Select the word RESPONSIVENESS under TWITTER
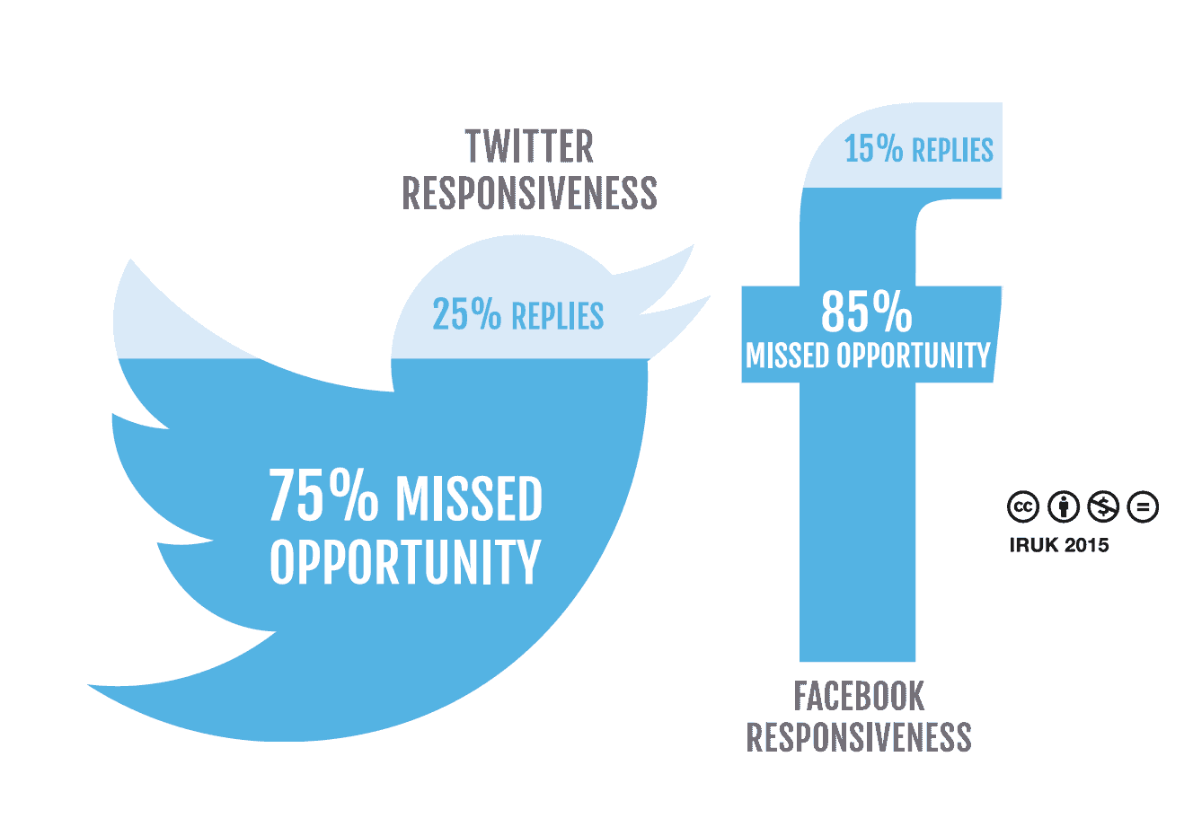(529, 193)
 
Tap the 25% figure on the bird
(466, 313)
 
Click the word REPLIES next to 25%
(558, 316)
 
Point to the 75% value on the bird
(323, 496)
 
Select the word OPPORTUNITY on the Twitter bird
(405, 562)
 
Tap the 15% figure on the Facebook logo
(873, 148)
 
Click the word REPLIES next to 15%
(952, 150)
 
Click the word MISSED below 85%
(788, 356)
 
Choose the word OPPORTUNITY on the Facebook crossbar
(913, 356)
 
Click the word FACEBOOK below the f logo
(859, 696)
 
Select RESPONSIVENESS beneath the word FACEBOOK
(859, 737)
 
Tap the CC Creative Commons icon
(1022, 506)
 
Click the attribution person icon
(1063, 506)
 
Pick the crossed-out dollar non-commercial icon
(1103, 506)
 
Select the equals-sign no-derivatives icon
(1143, 506)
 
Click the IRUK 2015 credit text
(1059, 545)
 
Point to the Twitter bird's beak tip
(710, 296)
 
